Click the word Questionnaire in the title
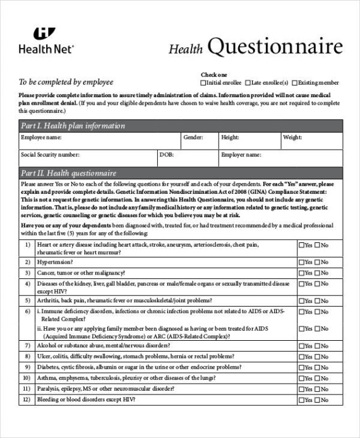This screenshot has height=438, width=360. (275, 47)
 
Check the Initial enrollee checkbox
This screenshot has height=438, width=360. (203, 83)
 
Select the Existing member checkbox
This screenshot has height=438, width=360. (295, 83)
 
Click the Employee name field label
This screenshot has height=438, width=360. (42, 137)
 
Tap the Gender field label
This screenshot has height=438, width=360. (193, 137)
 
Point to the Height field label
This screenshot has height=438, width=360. (230, 137)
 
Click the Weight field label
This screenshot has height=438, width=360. (292, 137)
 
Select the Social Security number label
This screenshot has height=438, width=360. (50, 154)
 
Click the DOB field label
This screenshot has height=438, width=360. (166, 154)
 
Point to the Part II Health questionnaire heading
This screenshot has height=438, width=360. (68, 172)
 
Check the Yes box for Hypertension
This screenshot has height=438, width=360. (301, 262)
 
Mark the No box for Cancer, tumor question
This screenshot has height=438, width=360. (318, 273)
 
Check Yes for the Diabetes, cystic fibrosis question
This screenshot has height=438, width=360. (301, 367)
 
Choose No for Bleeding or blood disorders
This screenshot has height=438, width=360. (318, 400)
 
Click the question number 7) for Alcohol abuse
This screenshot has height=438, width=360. (27, 345)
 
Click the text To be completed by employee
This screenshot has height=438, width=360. (66, 82)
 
